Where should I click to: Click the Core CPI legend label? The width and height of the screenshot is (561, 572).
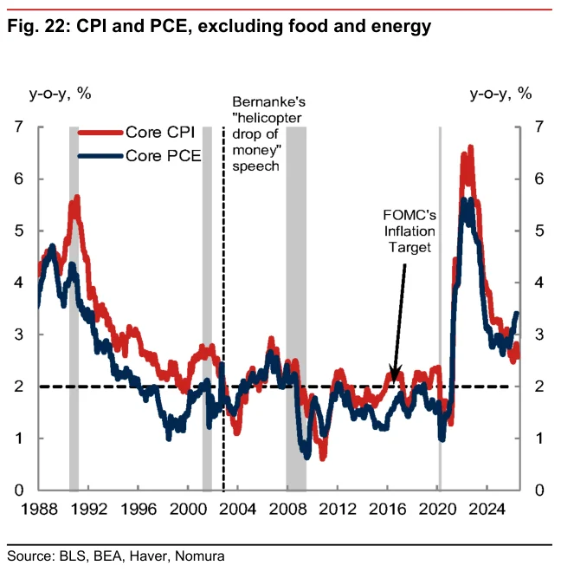click(x=160, y=132)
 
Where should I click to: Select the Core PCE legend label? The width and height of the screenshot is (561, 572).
click(x=164, y=156)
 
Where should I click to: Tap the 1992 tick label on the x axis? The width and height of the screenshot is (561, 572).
click(x=89, y=510)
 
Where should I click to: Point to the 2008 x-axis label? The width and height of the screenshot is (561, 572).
click(x=287, y=510)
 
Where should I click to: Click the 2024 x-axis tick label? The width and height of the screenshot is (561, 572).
click(x=487, y=510)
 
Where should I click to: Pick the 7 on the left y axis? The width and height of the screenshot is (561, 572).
click(x=18, y=127)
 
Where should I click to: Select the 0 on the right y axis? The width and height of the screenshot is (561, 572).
click(x=539, y=491)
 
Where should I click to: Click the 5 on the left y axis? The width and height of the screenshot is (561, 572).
click(x=18, y=231)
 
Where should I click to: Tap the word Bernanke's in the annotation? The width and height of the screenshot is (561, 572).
click(x=268, y=101)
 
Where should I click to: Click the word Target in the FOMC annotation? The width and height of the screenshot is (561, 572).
click(x=409, y=247)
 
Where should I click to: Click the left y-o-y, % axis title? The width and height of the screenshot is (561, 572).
click(x=60, y=94)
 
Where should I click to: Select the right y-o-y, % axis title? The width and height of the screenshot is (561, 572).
click(x=501, y=94)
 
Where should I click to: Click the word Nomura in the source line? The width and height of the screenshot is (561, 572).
click(x=200, y=556)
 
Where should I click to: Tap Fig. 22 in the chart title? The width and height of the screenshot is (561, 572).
click(x=38, y=27)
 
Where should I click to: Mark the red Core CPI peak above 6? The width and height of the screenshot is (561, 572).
click(x=470, y=146)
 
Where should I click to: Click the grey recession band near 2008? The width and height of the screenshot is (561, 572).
click(x=296, y=309)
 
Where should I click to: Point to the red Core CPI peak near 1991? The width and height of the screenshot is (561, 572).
click(x=77, y=198)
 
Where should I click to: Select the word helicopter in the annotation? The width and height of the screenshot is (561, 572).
click(x=268, y=118)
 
